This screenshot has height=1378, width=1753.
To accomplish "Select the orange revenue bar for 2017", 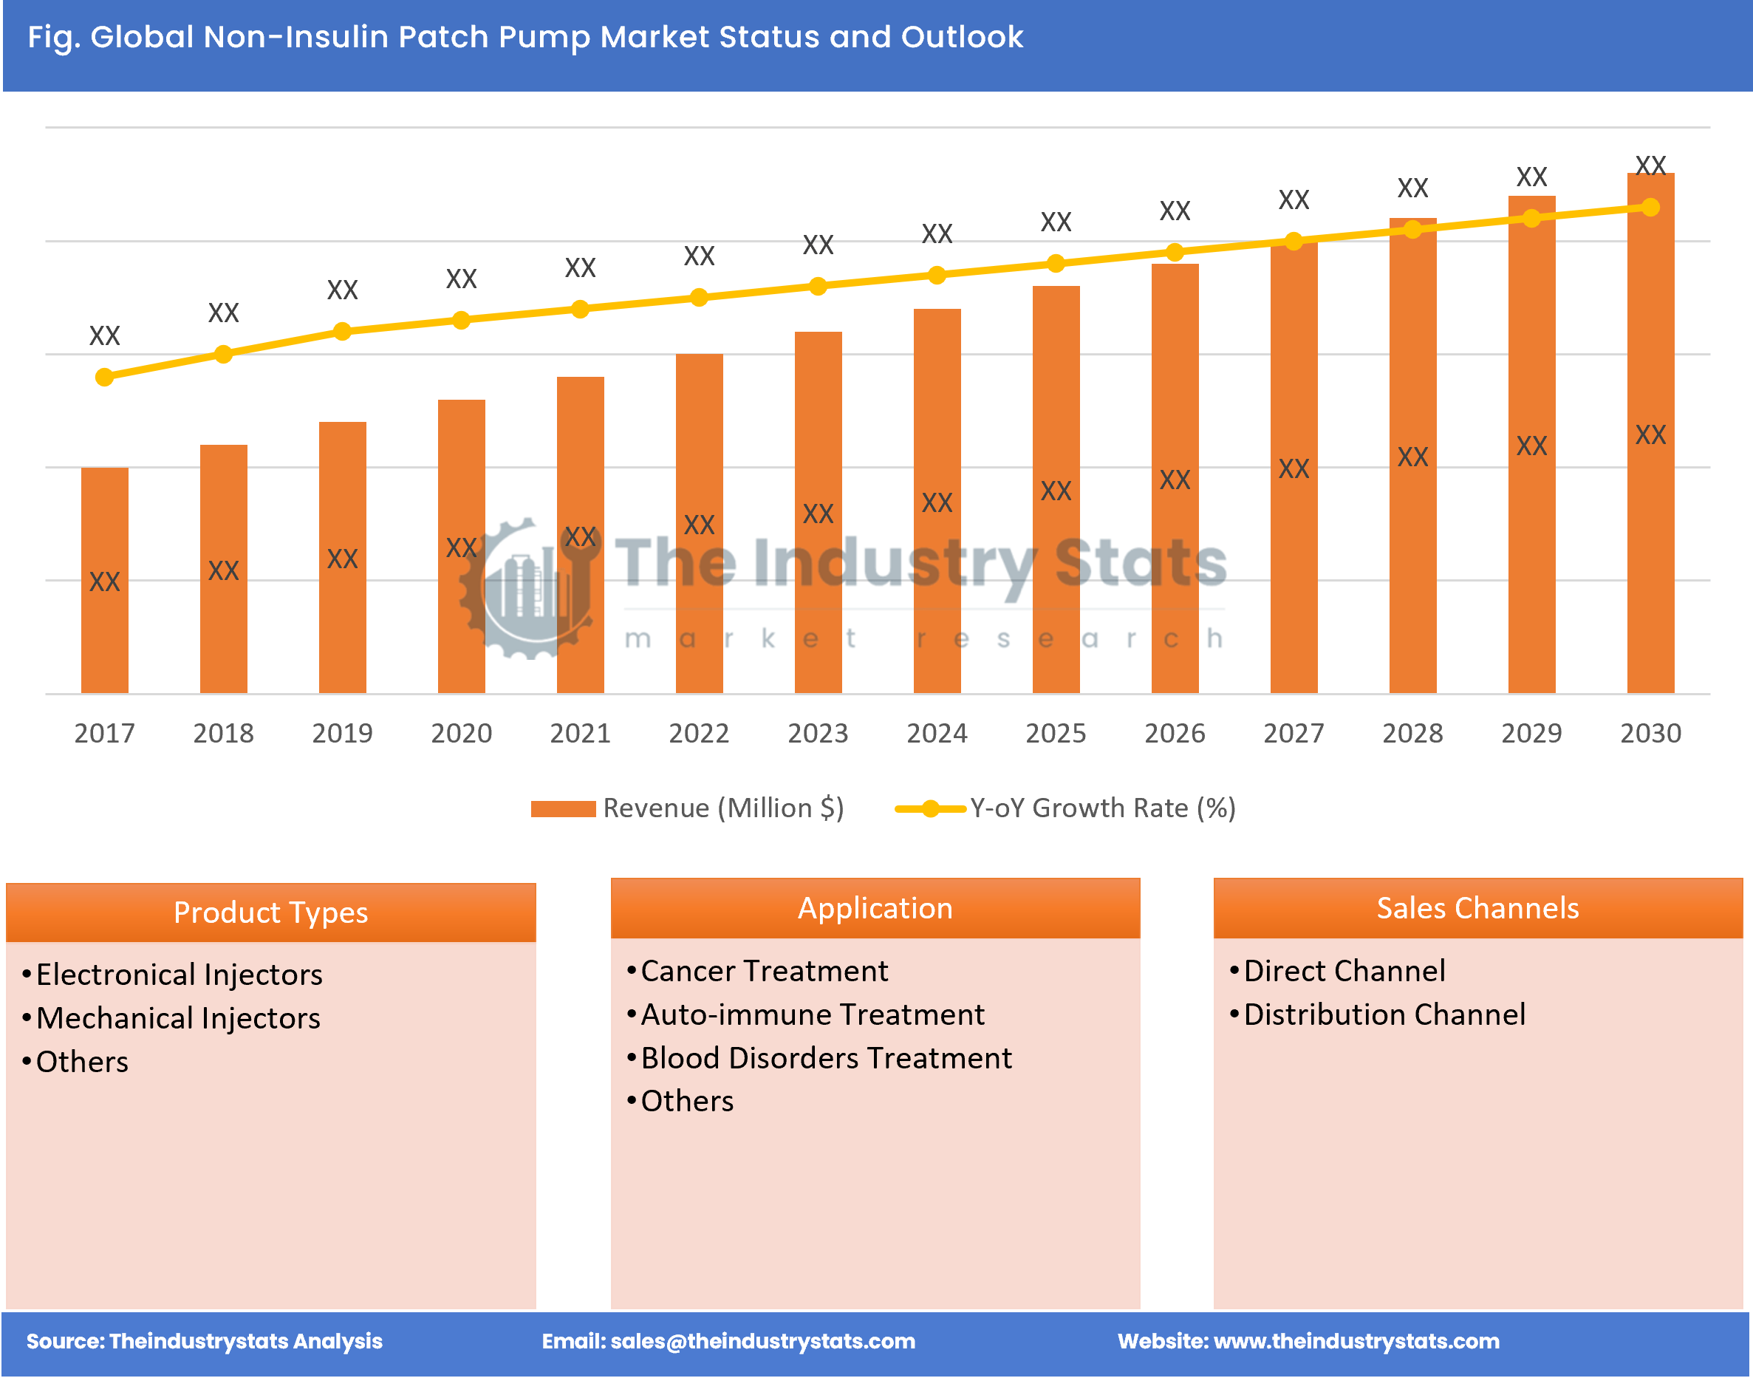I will click(x=104, y=581).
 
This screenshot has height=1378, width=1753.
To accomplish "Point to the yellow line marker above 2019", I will click(x=342, y=332).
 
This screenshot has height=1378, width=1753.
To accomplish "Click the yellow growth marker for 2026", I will click(x=1175, y=253).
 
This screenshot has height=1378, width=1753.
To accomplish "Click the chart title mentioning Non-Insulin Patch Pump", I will click(x=524, y=37).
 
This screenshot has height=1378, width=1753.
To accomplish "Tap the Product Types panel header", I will click(x=270, y=913).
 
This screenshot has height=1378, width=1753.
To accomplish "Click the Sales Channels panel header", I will click(x=1477, y=909).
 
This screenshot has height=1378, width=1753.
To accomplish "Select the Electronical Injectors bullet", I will click(x=178, y=975).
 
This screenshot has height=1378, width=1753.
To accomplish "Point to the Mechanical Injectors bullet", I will click(x=177, y=1018).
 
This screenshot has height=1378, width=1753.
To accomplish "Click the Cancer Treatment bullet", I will click(x=763, y=971).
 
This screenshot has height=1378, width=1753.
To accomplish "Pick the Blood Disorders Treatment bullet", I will click(x=825, y=1058).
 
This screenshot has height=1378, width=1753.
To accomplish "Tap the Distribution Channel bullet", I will click(x=1384, y=1014).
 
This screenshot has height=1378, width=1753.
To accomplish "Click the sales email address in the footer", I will click(x=762, y=1341).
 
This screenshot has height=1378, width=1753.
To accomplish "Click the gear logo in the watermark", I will click(x=528, y=589).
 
